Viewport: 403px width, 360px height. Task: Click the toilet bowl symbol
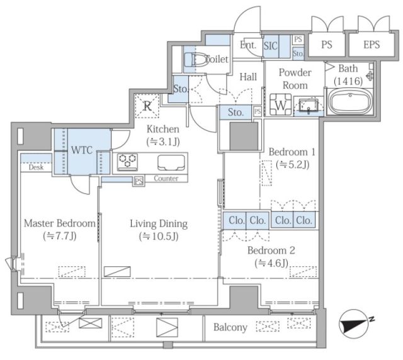(195, 60)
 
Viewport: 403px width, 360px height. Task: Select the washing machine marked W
(281, 104)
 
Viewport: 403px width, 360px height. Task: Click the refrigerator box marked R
(147, 106)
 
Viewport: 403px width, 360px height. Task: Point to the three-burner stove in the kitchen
(127, 161)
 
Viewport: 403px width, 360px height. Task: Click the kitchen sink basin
(171, 162)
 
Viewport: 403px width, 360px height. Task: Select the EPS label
(372, 45)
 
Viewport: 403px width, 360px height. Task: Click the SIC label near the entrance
(270, 46)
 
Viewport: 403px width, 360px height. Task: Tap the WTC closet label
(82, 150)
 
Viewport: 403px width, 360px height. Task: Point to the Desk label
(37, 167)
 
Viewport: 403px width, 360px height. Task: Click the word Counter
(166, 178)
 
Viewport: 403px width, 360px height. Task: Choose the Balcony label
(230, 327)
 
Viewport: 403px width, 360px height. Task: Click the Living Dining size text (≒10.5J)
(159, 237)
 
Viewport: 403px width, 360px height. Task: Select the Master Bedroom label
(60, 223)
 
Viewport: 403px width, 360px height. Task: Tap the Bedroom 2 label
(271, 250)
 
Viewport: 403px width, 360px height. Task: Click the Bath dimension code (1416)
(348, 81)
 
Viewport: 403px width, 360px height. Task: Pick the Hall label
(248, 77)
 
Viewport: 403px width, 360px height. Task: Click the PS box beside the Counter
(139, 181)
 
